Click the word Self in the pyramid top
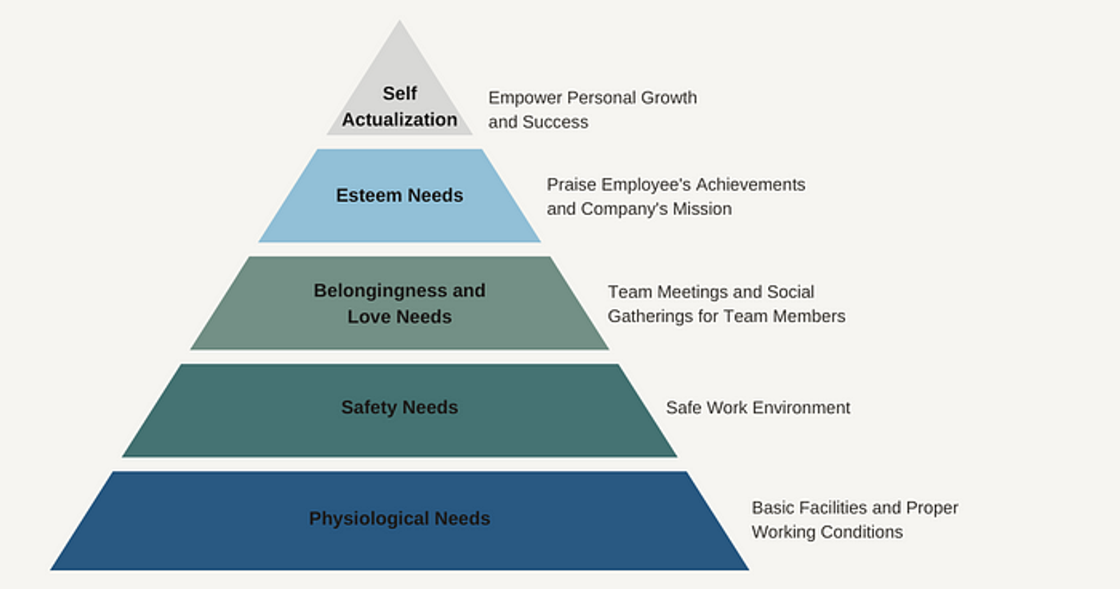point(399,93)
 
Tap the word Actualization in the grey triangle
point(399,119)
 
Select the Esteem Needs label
point(399,195)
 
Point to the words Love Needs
point(399,317)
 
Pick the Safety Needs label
point(399,407)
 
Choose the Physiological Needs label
point(399,518)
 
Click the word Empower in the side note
point(525,98)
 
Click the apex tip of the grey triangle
point(399,22)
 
